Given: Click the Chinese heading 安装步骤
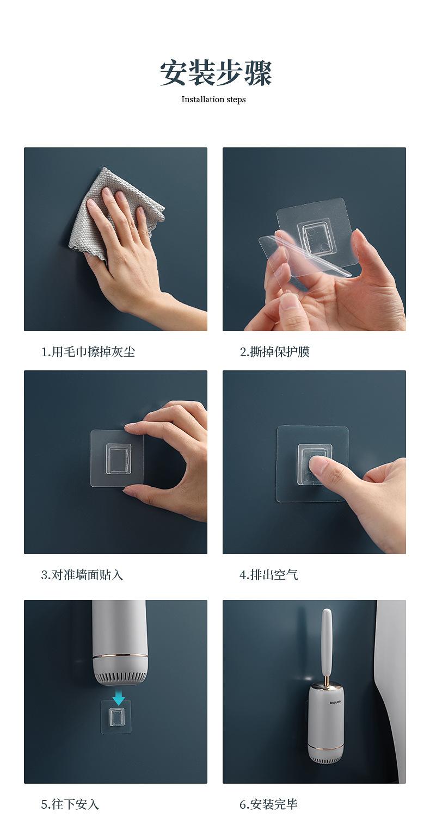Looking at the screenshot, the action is (216, 73).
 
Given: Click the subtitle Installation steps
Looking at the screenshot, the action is (213, 100).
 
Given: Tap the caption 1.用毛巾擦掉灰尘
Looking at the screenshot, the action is (88, 352).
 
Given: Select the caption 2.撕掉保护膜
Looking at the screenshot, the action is (274, 352).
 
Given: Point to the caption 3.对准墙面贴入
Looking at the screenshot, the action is (82, 575).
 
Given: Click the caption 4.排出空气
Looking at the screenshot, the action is (268, 575).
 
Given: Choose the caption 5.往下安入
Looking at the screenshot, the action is (70, 804).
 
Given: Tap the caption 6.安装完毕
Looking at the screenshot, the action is (268, 804).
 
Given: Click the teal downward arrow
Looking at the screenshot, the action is (119, 697).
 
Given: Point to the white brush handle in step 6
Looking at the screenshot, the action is (327, 644).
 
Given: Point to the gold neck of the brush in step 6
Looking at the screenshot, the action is (327, 681).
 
